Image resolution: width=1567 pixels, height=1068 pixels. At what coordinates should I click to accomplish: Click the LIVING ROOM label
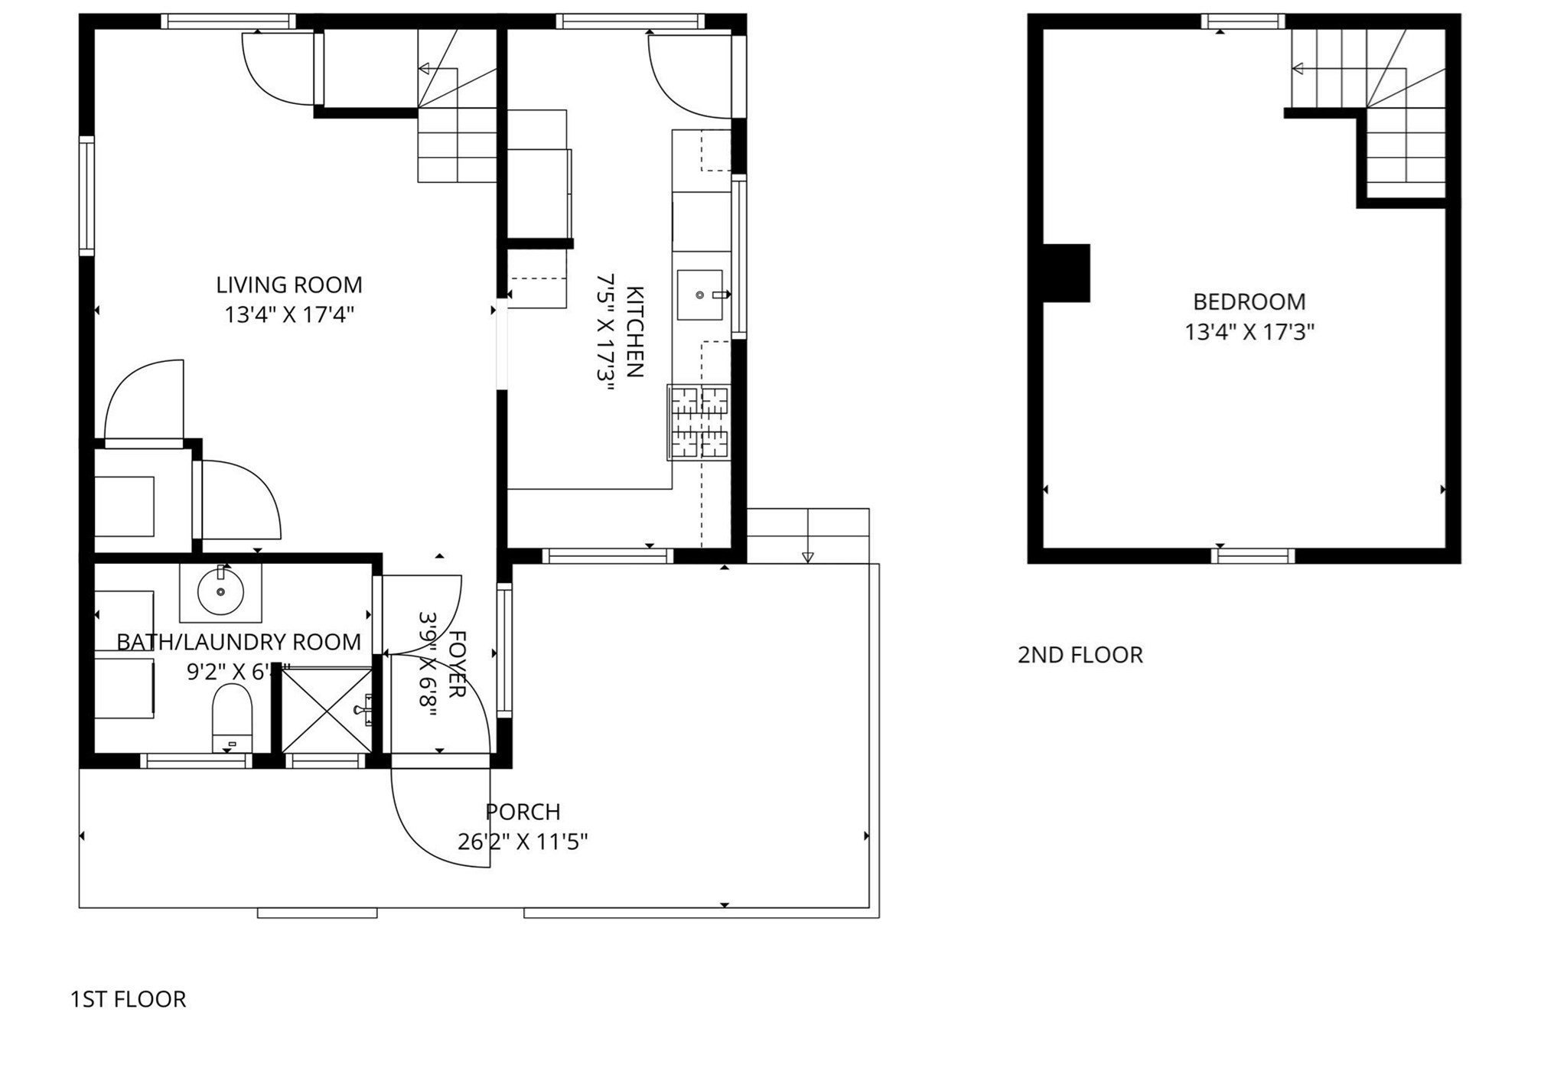(x=288, y=285)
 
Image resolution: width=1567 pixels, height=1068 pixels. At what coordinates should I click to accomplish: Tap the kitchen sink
(x=699, y=295)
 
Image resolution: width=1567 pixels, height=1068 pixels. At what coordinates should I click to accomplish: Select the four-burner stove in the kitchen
(x=699, y=423)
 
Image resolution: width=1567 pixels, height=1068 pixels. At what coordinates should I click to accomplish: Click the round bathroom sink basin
(x=220, y=591)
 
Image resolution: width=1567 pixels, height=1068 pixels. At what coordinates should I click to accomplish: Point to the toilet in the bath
(x=232, y=718)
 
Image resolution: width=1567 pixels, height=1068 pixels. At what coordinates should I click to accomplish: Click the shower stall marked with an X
(x=327, y=711)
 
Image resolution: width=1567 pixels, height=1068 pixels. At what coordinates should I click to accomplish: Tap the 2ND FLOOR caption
(x=1080, y=655)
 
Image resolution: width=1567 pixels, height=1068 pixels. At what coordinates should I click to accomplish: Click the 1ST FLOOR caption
(x=128, y=999)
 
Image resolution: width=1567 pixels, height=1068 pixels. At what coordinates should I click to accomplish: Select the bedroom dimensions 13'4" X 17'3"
(x=1249, y=332)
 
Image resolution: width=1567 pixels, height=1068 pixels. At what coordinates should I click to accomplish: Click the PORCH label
(x=523, y=811)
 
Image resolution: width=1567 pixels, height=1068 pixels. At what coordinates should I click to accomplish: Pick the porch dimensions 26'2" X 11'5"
(x=523, y=842)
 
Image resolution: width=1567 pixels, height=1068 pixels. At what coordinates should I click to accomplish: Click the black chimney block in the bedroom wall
(x=1067, y=273)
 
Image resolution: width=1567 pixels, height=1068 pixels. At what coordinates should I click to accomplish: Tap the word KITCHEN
(x=634, y=332)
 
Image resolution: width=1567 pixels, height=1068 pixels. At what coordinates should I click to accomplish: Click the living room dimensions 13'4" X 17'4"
(x=288, y=314)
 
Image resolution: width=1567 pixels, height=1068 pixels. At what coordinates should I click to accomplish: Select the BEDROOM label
(x=1249, y=301)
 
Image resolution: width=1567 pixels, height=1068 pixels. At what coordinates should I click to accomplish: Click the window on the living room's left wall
(x=87, y=196)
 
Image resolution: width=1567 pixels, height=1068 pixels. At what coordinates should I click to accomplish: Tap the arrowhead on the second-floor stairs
(x=1298, y=69)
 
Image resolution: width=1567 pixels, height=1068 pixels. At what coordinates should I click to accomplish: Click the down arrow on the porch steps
(x=808, y=557)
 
